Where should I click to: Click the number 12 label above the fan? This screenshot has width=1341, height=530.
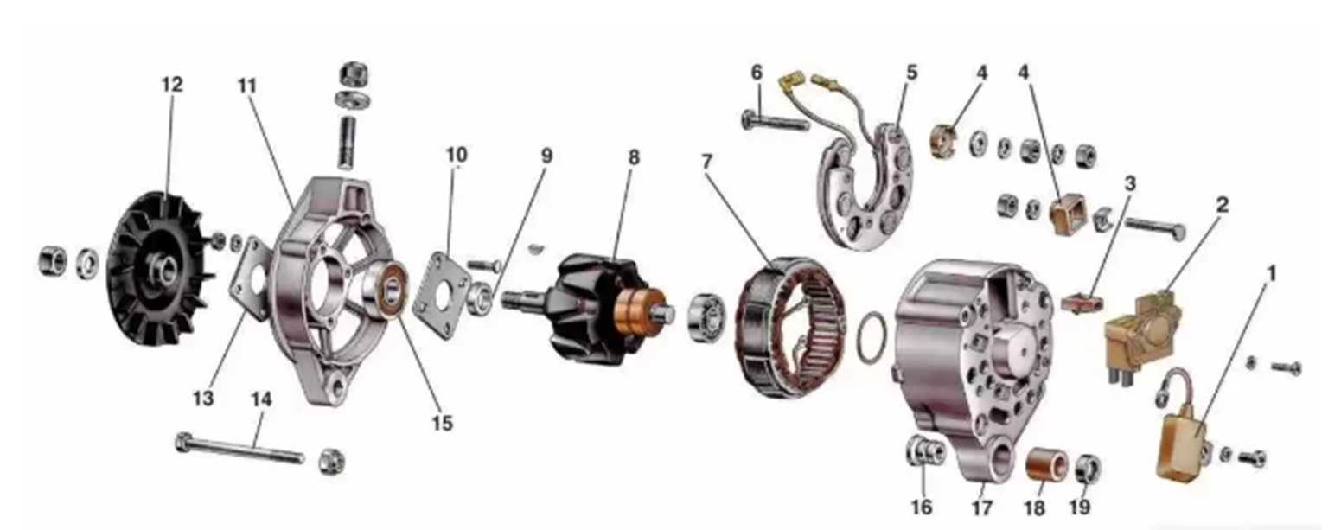(x=172, y=85)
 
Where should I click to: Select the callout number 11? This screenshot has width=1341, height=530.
(x=246, y=86)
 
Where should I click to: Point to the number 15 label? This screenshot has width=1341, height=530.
(x=443, y=424)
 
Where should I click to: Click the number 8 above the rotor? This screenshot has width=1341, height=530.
(x=634, y=157)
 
